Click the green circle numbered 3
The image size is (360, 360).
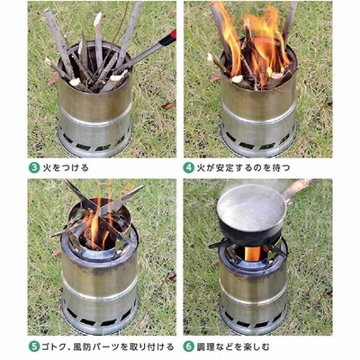click(34, 167)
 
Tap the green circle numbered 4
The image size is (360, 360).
click(189, 167)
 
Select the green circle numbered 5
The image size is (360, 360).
click(34, 346)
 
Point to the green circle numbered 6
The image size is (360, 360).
click(189, 346)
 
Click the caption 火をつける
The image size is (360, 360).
click(66, 167)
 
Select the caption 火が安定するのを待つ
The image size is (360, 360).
click(244, 167)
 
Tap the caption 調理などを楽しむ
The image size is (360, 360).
click(233, 346)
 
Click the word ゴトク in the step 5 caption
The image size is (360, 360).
click(57, 346)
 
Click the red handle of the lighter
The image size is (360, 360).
click(168, 38)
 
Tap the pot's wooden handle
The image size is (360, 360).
click(297, 188)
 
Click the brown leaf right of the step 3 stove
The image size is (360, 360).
click(168, 105)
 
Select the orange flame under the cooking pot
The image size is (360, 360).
click(253, 254)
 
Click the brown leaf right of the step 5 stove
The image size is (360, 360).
click(172, 278)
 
